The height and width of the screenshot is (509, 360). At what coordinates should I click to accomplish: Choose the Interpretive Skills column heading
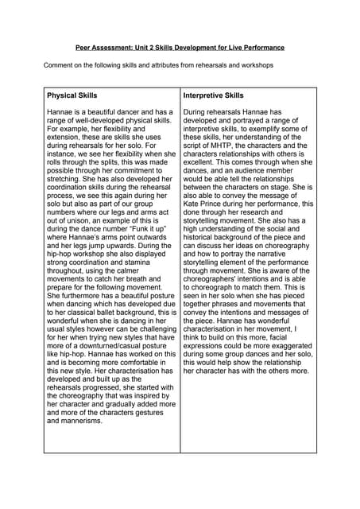tap(213, 95)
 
